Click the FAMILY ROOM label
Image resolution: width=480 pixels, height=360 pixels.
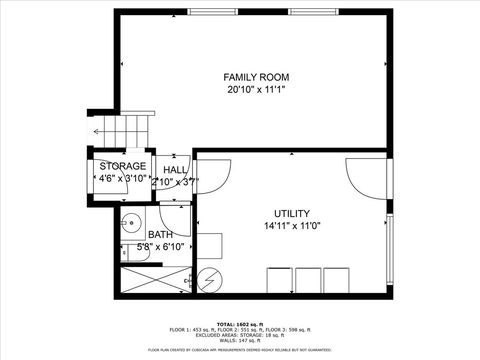(x=256, y=77)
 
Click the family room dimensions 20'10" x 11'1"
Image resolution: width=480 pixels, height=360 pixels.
(x=256, y=90)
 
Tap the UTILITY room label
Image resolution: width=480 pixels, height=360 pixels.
(x=292, y=213)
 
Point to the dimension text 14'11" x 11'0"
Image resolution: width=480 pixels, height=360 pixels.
(x=292, y=226)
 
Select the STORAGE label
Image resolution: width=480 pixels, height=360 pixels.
(x=123, y=166)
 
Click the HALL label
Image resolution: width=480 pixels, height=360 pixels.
(x=176, y=170)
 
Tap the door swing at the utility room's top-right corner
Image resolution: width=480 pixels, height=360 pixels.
(x=360, y=175)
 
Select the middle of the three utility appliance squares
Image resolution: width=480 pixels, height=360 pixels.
(x=307, y=279)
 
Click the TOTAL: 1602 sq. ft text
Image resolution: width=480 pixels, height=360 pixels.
(x=240, y=322)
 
